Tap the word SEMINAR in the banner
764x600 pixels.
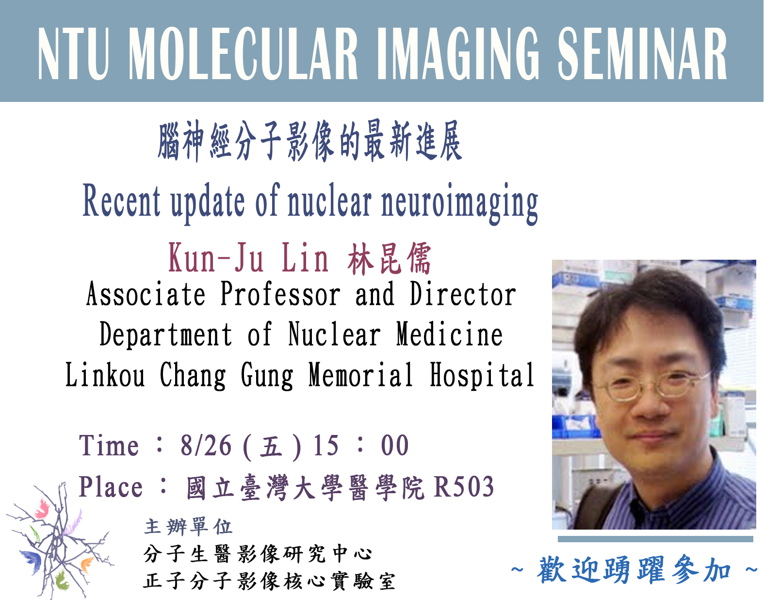(x=642, y=53)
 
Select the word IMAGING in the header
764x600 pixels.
(x=458, y=53)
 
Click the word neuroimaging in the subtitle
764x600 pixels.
(x=460, y=203)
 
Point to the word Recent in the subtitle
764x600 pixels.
(x=121, y=200)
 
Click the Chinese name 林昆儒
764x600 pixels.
(x=389, y=259)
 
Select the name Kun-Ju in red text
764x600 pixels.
(x=215, y=258)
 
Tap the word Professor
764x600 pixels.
(x=280, y=294)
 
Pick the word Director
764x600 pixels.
(x=463, y=294)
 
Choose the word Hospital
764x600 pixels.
(x=482, y=376)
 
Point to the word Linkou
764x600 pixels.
(x=105, y=374)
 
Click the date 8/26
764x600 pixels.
(x=206, y=445)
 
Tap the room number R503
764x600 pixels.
(x=464, y=487)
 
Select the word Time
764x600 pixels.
(x=109, y=445)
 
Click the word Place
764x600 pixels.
(x=111, y=487)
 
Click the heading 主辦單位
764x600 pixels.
(x=188, y=527)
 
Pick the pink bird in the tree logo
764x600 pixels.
(x=43, y=508)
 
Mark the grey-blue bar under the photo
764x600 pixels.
(x=655, y=539)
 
